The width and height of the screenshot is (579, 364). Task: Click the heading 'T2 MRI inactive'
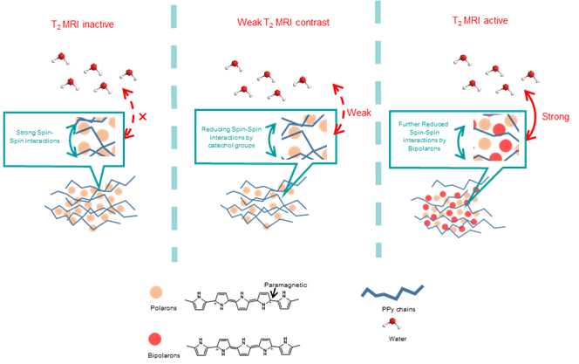click(82, 22)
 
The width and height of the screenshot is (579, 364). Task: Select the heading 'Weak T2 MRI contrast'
click(283, 22)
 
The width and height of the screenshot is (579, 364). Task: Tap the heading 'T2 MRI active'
click(478, 22)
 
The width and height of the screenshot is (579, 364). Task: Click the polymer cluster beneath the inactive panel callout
click(82, 206)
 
